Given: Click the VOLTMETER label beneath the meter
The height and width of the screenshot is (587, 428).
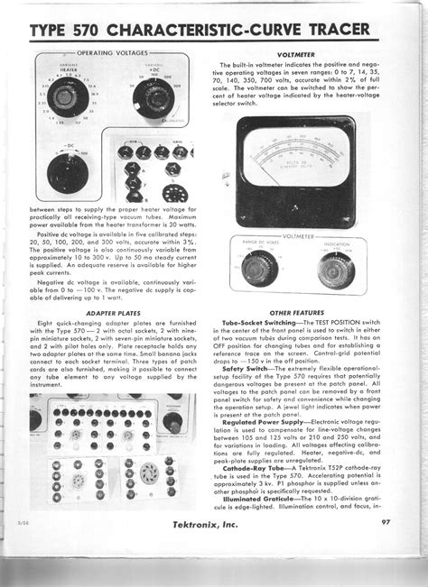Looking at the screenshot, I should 307,236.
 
